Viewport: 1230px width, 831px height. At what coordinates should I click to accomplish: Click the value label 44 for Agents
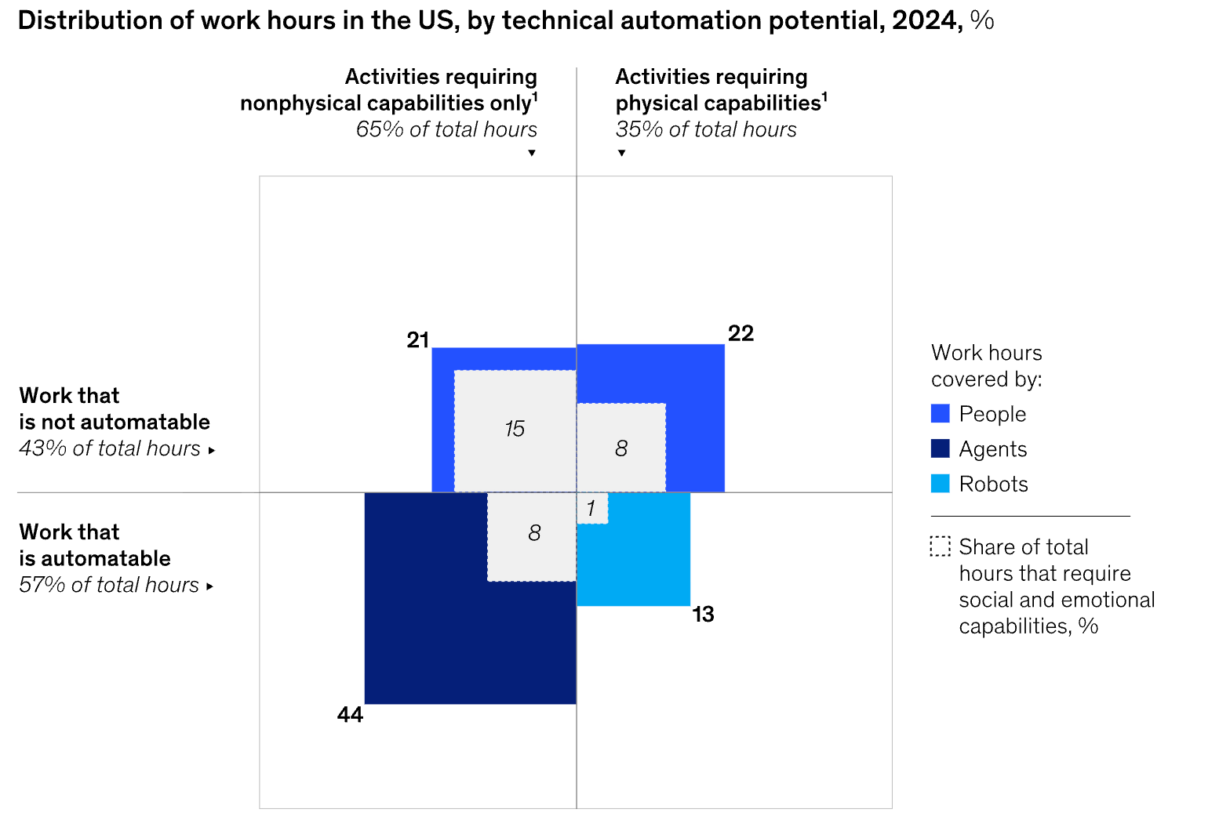coord(350,715)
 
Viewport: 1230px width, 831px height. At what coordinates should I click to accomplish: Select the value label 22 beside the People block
coord(741,333)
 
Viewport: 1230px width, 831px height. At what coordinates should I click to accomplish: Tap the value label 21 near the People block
coord(417,339)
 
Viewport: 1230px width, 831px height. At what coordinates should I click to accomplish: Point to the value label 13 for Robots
coord(703,615)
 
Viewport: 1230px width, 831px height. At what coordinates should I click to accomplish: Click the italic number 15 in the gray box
coord(515,429)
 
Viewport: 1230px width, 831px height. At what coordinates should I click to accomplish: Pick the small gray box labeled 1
coord(591,509)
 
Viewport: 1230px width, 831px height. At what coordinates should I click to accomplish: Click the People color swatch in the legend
coord(940,414)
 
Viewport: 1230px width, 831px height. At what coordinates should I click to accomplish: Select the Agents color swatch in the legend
coord(940,448)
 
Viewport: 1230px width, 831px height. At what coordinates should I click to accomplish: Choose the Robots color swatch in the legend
coord(940,484)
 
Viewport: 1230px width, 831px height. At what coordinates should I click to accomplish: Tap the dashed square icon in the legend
coord(940,546)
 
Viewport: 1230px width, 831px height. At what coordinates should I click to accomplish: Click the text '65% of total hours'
coord(446,129)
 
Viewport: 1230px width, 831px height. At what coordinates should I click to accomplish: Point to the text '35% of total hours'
coord(706,129)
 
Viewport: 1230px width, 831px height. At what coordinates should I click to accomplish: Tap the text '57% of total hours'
coord(109,585)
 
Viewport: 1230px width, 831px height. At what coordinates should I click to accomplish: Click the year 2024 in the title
coord(923,20)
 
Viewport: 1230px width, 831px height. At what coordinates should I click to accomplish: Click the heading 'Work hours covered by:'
coord(987,366)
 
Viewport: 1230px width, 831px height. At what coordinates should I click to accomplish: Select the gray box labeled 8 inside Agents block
coord(533,535)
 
